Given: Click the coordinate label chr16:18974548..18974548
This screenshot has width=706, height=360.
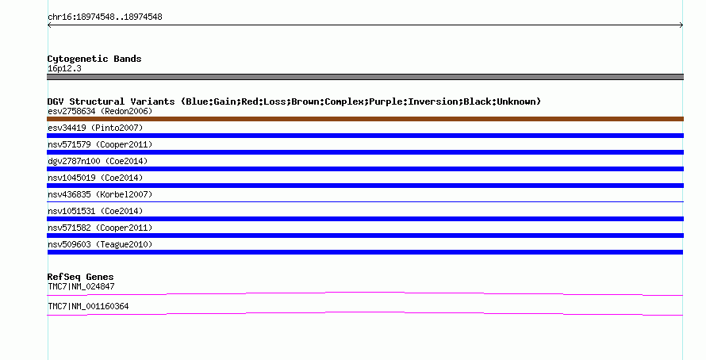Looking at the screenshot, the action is click(105, 17).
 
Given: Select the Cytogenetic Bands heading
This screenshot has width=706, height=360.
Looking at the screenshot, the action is click(94, 59).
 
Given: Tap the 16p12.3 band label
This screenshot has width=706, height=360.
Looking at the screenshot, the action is click(64, 68).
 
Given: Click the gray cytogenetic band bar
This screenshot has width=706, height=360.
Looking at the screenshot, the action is click(365, 77).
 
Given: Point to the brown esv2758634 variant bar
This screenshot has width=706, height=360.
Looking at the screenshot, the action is click(365, 119).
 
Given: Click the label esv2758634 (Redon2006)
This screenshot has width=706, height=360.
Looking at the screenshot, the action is click(100, 111).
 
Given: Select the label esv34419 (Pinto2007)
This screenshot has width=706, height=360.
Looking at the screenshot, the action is click(95, 128).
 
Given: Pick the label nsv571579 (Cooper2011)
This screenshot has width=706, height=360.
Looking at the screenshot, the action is click(100, 144).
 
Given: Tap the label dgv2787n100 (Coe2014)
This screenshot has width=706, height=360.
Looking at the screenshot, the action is click(98, 161).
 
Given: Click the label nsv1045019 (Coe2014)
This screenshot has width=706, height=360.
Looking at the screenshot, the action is click(95, 178).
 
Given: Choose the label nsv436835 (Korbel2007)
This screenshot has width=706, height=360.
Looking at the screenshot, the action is click(100, 194).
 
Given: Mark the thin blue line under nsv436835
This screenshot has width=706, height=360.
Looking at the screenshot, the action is click(365, 201).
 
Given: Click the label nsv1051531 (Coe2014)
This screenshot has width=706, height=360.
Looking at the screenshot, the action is click(95, 211).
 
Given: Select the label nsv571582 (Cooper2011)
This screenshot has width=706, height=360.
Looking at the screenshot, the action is click(100, 228).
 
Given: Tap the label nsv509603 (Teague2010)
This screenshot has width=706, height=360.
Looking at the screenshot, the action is click(100, 244).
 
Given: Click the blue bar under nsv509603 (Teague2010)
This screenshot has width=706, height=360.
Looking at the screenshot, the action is click(365, 252).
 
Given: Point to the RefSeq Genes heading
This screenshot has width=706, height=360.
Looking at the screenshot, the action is click(80, 277).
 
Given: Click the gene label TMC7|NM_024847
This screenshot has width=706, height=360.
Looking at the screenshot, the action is click(81, 286).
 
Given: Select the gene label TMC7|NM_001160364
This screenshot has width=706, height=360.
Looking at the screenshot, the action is click(88, 306).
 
